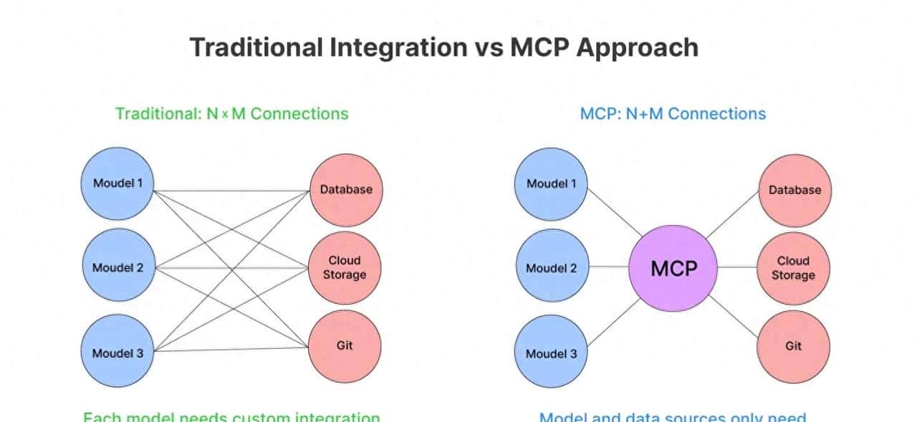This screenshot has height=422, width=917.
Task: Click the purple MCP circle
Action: [x=673, y=268]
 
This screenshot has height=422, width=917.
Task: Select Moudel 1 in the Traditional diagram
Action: [x=117, y=183]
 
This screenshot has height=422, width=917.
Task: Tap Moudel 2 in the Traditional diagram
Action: [x=117, y=268]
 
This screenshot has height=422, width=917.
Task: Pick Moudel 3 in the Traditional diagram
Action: [x=117, y=353]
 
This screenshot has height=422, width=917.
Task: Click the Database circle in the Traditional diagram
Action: [x=346, y=189]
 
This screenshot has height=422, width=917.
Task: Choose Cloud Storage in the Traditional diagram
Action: [x=346, y=267]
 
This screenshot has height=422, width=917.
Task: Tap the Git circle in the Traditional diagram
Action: [x=345, y=345]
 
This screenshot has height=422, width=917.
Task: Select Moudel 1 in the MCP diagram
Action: [x=551, y=183]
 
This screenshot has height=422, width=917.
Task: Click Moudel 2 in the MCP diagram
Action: [x=551, y=268]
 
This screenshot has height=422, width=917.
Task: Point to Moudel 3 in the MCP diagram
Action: [x=551, y=353]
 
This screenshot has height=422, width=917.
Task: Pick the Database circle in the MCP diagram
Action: [x=794, y=190]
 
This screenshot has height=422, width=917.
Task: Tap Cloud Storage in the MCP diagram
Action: [x=794, y=268]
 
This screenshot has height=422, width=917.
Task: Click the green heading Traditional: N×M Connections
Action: [x=231, y=113]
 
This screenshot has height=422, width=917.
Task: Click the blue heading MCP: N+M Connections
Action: [x=672, y=113]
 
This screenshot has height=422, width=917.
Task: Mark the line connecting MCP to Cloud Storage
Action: [x=737, y=268]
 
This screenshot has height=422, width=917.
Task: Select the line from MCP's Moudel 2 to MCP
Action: [x=608, y=268]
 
